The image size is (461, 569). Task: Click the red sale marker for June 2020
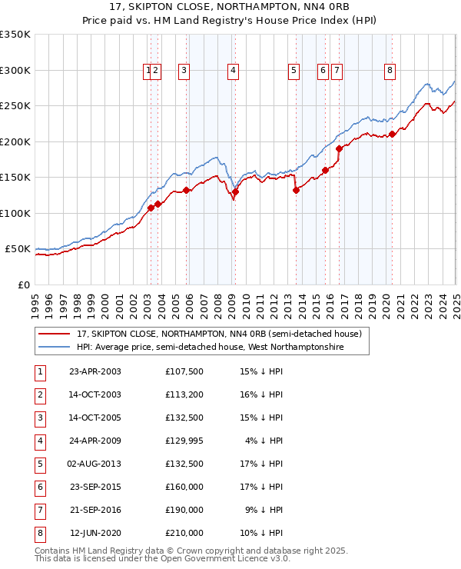[392, 134]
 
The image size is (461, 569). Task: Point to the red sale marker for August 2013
[296, 190]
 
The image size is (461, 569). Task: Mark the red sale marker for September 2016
[340, 148]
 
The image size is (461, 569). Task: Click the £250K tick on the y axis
[15, 106]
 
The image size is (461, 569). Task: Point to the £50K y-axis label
[18, 249]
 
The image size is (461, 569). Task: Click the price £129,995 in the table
[184, 441]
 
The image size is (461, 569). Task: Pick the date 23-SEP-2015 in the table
[95, 487]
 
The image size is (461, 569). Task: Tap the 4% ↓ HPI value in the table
[264, 441]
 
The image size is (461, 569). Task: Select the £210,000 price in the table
[184, 532]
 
